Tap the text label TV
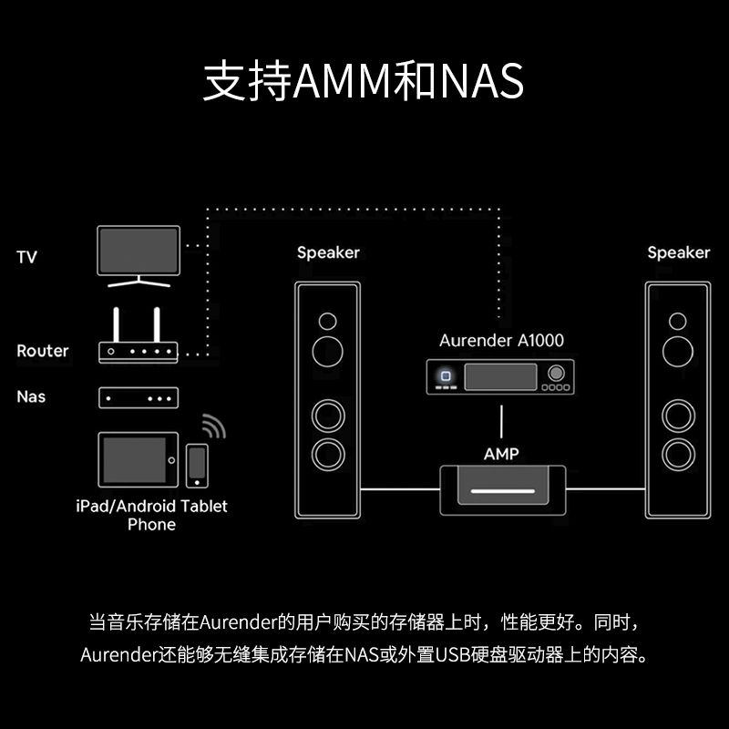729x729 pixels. (x=26, y=258)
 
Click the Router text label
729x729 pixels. (x=42, y=351)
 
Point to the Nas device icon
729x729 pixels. (x=138, y=398)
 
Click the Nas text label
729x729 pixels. (x=30, y=397)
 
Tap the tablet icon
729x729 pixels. (x=137, y=461)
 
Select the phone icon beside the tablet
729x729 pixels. (x=196, y=465)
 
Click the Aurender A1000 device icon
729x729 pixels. (x=500, y=376)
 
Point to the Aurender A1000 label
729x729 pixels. (x=501, y=341)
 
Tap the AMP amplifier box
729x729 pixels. (x=501, y=490)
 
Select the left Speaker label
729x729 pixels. (x=328, y=252)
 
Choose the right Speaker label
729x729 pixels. (x=678, y=252)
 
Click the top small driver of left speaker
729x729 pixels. (x=326, y=321)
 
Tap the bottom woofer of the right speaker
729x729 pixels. (x=677, y=453)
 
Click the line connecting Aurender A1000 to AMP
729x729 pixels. (x=500, y=420)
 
